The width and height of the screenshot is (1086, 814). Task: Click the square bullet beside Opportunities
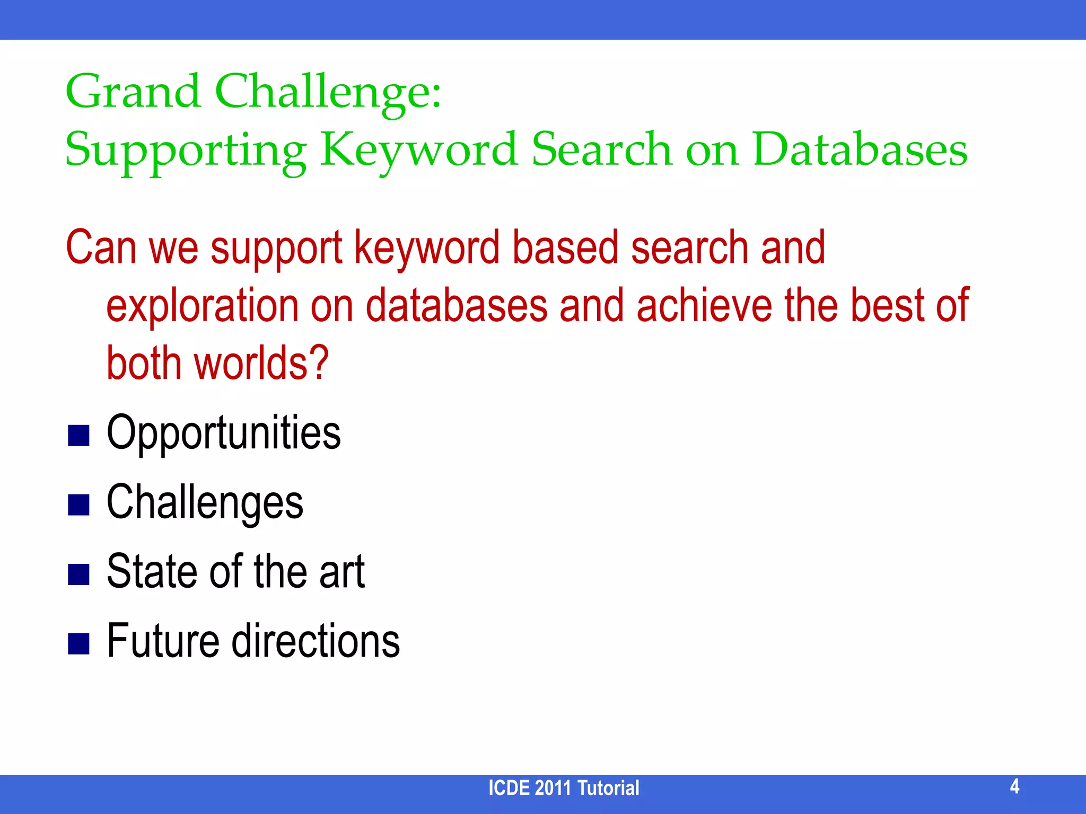(78, 436)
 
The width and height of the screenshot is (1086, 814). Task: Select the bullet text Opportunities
(223, 433)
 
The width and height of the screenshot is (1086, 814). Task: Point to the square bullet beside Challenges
(78, 505)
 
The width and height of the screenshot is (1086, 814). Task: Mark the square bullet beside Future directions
(78, 644)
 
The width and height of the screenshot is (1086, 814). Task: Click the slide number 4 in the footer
(1014, 786)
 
